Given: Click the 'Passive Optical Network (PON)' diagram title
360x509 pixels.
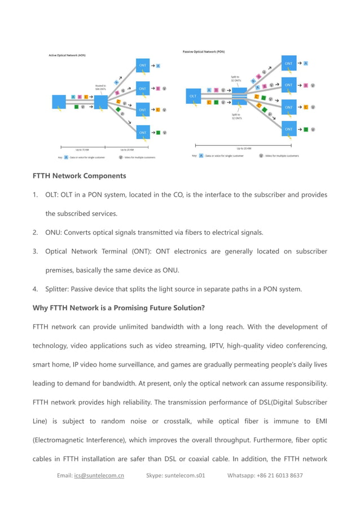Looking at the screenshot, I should pyautogui.click(x=204, y=51).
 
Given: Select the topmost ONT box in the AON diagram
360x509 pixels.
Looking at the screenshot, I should pyautogui.click(x=142, y=66).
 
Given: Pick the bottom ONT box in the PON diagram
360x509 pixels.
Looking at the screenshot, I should pyautogui.click(x=289, y=129).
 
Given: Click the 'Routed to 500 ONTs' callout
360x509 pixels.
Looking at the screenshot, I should pyautogui.click(x=100, y=87).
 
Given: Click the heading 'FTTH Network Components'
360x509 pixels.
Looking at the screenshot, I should pyautogui.click(x=79, y=175).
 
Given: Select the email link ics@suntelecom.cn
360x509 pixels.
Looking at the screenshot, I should pyautogui.click(x=99, y=475).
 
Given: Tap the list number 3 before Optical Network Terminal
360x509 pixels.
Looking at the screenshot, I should pyautogui.click(x=35, y=251).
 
